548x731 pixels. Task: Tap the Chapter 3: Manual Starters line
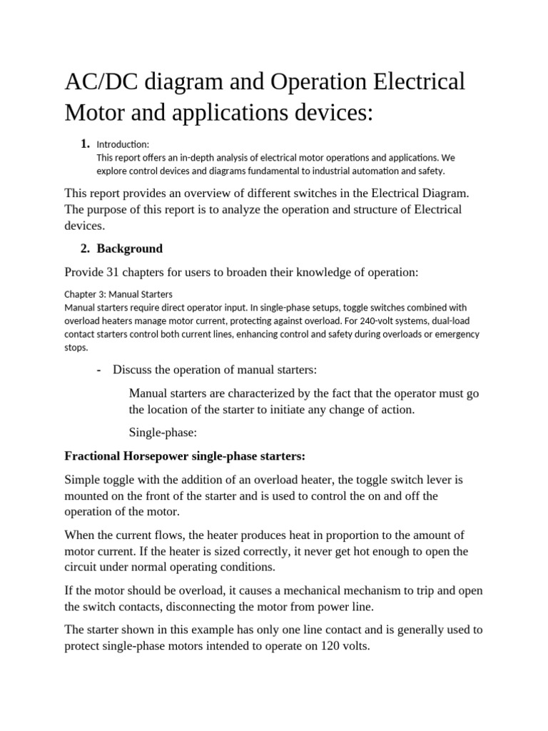pos(118,294)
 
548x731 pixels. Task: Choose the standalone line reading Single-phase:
pos(158,433)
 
